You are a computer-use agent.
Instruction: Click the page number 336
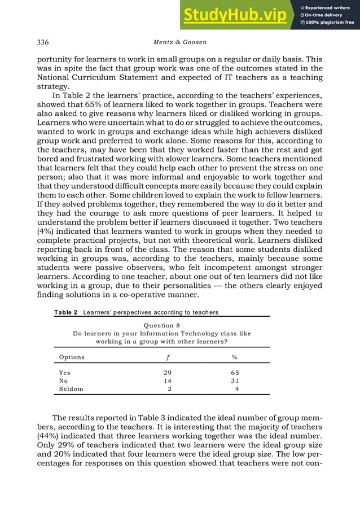point(43,42)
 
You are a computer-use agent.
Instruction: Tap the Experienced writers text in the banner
point(327,7)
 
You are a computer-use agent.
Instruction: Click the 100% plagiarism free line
point(327,23)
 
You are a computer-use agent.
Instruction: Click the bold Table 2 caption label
point(65,312)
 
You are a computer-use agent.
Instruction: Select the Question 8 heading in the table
point(162,325)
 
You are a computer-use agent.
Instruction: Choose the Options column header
point(72,357)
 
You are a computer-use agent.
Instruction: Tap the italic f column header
point(167,357)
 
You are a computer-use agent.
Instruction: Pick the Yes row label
point(65,373)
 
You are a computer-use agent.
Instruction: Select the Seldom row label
point(71,389)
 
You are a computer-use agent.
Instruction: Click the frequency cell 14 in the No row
point(167,381)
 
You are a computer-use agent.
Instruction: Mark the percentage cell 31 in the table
point(235,381)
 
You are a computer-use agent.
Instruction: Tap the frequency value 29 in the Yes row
point(167,373)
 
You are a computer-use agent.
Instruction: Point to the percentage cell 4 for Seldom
point(236,389)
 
